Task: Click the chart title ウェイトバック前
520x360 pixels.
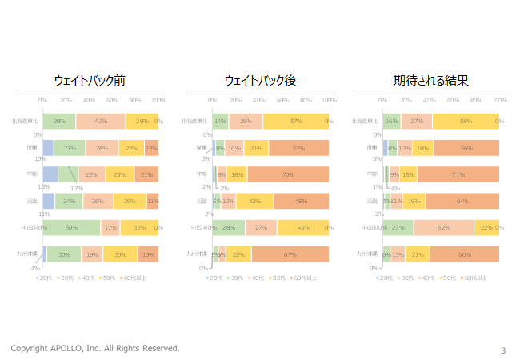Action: click(x=89, y=81)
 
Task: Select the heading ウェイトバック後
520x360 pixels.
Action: click(x=260, y=81)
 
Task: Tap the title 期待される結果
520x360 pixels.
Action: click(x=430, y=81)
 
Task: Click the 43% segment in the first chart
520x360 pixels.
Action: click(x=101, y=121)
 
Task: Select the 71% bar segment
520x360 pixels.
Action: click(x=458, y=174)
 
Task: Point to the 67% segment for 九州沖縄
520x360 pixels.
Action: click(x=290, y=254)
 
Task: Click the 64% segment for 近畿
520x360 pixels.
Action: click(x=462, y=201)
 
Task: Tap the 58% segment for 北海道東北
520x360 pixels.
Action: click(x=466, y=121)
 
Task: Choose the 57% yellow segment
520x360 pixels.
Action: click(x=295, y=121)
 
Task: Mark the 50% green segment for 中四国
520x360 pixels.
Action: click(x=71, y=227)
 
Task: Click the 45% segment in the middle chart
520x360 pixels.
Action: click(x=302, y=227)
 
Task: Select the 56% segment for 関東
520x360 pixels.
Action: click(x=466, y=147)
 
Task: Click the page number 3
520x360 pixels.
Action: click(x=503, y=350)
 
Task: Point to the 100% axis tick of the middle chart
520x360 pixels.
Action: click(x=329, y=101)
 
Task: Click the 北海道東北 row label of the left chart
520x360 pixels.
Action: click(x=26, y=121)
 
